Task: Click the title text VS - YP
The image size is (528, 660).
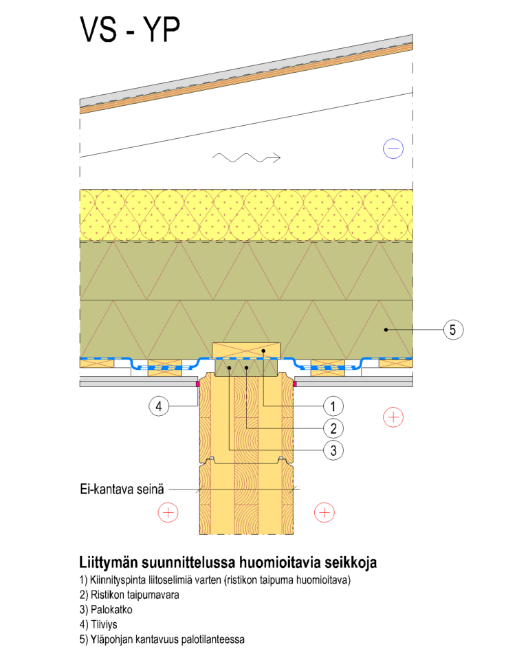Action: pyautogui.click(x=130, y=31)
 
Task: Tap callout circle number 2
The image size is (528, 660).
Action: pyautogui.click(x=333, y=428)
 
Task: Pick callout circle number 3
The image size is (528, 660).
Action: pyautogui.click(x=333, y=450)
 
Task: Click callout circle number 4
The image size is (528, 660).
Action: pyautogui.click(x=159, y=406)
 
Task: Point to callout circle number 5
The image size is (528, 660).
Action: pyautogui.click(x=452, y=330)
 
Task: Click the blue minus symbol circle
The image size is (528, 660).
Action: pyautogui.click(x=393, y=148)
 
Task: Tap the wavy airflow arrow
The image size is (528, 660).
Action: pyautogui.click(x=246, y=158)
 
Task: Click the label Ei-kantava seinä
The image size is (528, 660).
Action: pyautogui.click(x=120, y=490)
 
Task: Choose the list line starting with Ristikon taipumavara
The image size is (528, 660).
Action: pyautogui.click(x=129, y=595)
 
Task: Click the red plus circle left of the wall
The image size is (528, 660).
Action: pyautogui.click(x=168, y=511)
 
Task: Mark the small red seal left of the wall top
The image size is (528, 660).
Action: pyautogui.click(x=198, y=384)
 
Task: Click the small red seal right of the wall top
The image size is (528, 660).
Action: pyautogui.click(x=295, y=384)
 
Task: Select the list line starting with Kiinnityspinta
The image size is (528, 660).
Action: pyautogui.click(x=215, y=580)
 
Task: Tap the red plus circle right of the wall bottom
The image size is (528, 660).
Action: pyautogui.click(x=324, y=511)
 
